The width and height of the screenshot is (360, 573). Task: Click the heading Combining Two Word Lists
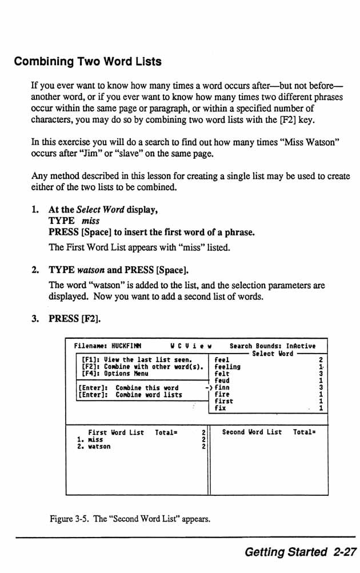87,61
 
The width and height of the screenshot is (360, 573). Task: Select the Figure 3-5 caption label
67,519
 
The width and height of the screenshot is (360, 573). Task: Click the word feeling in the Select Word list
227,367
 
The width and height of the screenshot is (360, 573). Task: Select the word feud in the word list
222,380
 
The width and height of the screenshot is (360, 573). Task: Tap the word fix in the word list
220,408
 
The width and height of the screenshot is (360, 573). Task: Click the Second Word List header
251,432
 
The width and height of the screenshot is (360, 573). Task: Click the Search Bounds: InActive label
271,346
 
